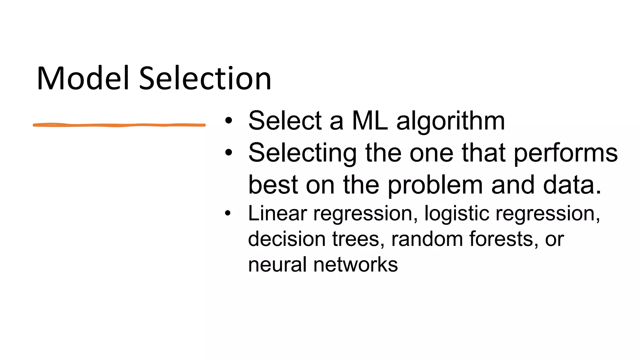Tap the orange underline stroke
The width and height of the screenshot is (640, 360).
(119, 125)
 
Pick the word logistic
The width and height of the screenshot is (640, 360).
(457, 214)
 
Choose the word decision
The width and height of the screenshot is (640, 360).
(287, 239)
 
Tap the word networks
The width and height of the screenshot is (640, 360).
(356, 265)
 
